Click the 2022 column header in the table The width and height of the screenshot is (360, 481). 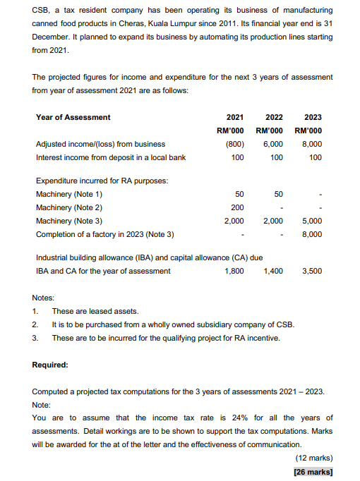274,117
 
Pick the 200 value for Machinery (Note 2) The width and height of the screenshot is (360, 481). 237,207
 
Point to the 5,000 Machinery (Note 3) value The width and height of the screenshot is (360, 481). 311,221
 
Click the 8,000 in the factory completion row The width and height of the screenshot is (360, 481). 311,234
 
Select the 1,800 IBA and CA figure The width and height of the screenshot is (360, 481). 234,271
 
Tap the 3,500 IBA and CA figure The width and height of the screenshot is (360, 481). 311,271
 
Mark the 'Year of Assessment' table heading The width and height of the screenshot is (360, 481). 73,117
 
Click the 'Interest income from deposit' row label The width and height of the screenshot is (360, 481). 110,157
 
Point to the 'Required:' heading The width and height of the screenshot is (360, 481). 50,365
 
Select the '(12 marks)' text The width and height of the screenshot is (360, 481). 313,458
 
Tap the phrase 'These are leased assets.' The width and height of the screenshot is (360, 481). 95,311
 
